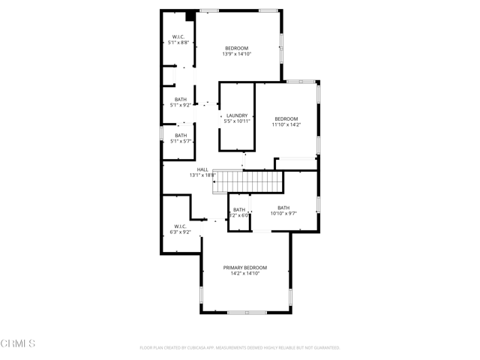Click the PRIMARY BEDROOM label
click(x=244, y=268)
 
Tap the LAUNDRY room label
click(x=237, y=115)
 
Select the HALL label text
click(x=202, y=169)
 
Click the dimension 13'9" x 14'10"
click(x=237, y=54)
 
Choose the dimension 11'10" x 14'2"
click(x=286, y=125)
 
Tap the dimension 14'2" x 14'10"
click(x=244, y=274)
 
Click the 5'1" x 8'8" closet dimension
click(x=179, y=43)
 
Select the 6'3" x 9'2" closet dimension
click(x=181, y=232)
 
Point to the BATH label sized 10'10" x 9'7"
click(x=283, y=208)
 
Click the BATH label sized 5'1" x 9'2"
click(x=181, y=99)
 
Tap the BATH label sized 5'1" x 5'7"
click(x=181, y=136)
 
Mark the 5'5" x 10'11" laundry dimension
click(x=237, y=121)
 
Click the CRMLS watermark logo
click(x=18, y=343)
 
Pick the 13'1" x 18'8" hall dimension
click(x=202, y=175)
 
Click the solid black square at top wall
click(x=190, y=16)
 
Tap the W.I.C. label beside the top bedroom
click(x=179, y=37)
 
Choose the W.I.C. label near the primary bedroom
click(x=181, y=226)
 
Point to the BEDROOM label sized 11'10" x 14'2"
click(x=286, y=119)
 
